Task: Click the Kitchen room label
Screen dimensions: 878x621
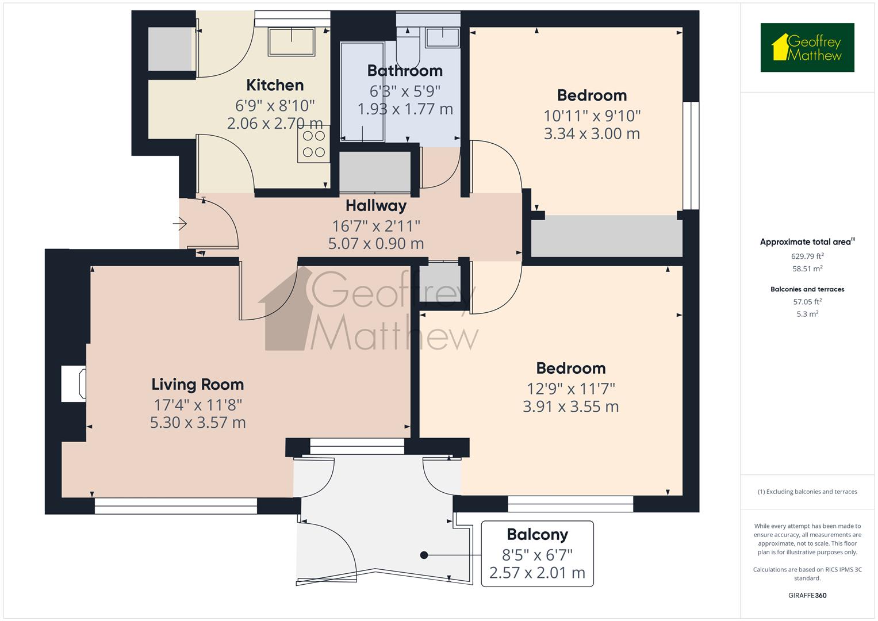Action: (x=275, y=85)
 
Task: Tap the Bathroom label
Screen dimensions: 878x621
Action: (x=405, y=71)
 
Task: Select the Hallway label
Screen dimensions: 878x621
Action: (x=376, y=206)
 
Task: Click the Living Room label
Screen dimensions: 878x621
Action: (x=198, y=385)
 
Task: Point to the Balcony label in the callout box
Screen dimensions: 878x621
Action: (x=537, y=535)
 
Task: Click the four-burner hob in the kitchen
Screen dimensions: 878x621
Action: (x=313, y=144)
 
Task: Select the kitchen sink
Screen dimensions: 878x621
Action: (x=292, y=41)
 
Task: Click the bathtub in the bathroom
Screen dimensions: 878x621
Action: (x=362, y=92)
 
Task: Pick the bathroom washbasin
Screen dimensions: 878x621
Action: (x=443, y=37)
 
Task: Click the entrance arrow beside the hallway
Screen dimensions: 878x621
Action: (x=179, y=224)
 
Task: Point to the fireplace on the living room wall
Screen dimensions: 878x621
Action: (x=74, y=384)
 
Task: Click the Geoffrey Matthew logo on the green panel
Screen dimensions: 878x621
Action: (x=807, y=47)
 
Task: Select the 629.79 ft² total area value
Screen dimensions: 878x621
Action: (x=807, y=256)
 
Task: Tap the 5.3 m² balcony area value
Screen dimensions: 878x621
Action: (x=807, y=313)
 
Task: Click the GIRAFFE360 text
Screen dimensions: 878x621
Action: (x=807, y=595)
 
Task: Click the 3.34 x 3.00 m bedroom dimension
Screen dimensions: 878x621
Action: (x=592, y=133)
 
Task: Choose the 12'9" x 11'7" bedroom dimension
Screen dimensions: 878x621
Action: (x=571, y=389)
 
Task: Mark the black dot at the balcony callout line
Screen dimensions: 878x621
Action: (x=424, y=555)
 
